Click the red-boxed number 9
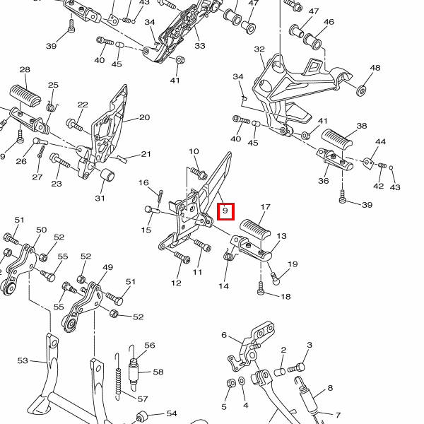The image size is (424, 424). (x=225, y=211)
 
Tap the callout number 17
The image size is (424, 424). (x=266, y=208)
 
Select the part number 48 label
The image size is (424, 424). (x=375, y=68)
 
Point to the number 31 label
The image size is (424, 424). (x=100, y=198)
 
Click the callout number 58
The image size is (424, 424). (x=158, y=372)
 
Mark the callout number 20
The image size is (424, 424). (x=144, y=118)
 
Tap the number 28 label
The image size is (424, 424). (x=25, y=70)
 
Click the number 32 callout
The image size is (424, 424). (x=259, y=49)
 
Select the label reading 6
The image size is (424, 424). (x=224, y=335)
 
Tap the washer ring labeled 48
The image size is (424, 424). (x=361, y=90)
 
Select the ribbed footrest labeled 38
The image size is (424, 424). (x=338, y=139)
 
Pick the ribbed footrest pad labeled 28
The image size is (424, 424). (x=27, y=95)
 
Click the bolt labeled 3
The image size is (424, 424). (x=298, y=367)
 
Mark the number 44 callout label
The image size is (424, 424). (x=381, y=142)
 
